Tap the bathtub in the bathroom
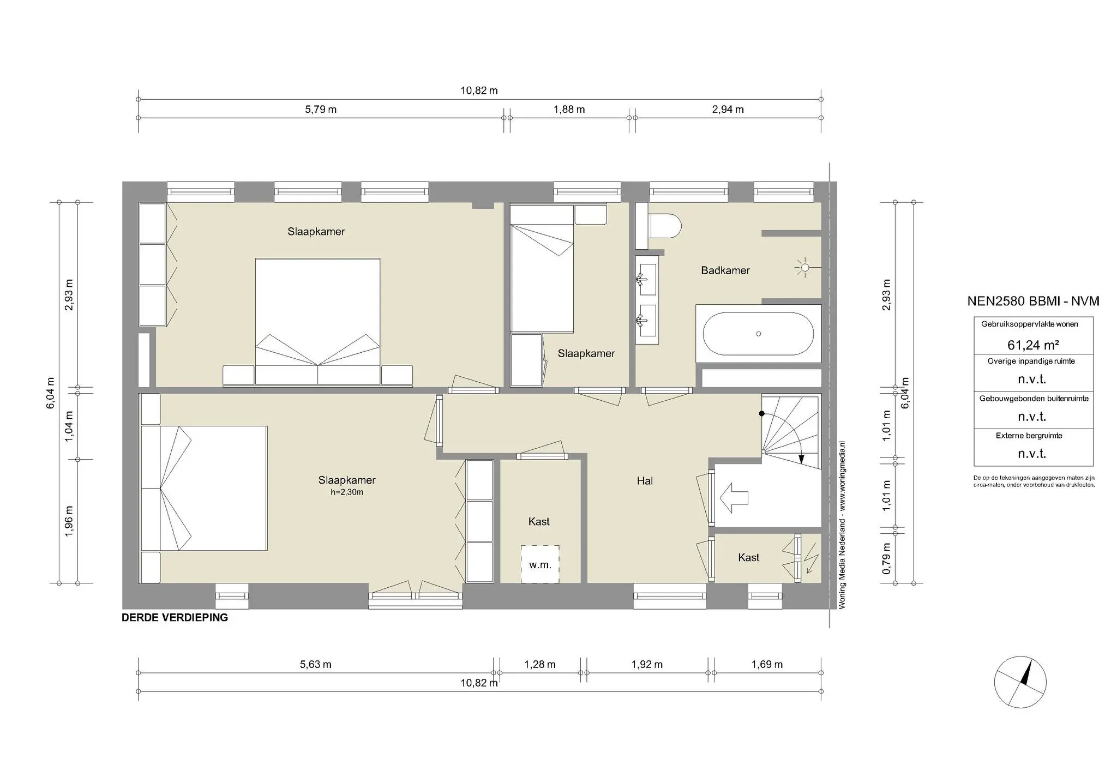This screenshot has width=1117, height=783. (x=758, y=334)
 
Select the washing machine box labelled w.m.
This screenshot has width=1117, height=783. (x=539, y=564)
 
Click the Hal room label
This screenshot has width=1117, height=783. (x=645, y=481)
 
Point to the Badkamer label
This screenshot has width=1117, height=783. (x=725, y=270)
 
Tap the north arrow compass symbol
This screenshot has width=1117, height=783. (x=1019, y=682)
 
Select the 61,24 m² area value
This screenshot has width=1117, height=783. (x=1033, y=345)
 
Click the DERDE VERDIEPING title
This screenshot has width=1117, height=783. (x=175, y=618)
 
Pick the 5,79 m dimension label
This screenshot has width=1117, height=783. (x=320, y=110)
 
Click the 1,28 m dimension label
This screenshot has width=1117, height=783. (x=539, y=664)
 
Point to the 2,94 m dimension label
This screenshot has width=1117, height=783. (x=728, y=110)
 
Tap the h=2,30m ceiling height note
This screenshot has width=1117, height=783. (x=347, y=492)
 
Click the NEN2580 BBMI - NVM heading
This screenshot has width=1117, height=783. (x=1033, y=301)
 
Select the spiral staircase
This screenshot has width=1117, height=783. (x=791, y=431)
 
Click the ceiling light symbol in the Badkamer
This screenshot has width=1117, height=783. (x=803, y=267)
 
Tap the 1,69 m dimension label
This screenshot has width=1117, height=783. (x=766, y=664)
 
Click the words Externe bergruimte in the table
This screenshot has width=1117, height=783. (x=1029, y=436)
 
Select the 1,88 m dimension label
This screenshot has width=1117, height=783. (x=569, y=110)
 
